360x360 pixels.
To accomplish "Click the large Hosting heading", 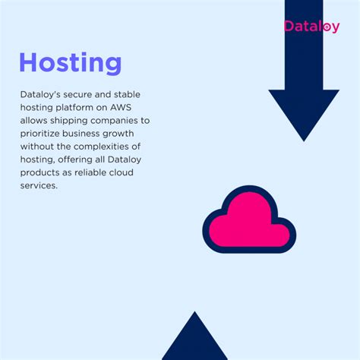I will tap(70, 62).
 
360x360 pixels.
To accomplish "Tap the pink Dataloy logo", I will tap(311, 26).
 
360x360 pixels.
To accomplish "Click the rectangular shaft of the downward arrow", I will tap(304, 46).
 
